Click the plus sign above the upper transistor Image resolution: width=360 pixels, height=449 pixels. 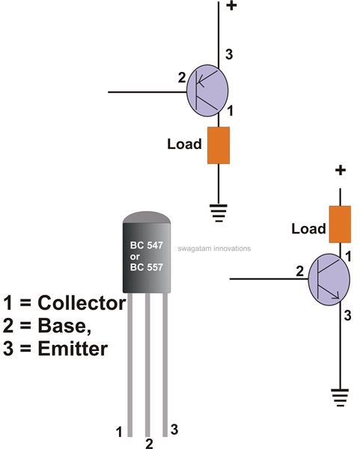(231, 6)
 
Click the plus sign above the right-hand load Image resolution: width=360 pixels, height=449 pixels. (341, 171)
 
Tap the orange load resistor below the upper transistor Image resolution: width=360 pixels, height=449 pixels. (219, 145)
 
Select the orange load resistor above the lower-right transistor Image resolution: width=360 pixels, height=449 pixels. (340, 224)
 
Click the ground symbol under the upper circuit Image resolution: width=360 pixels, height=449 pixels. (219, 213)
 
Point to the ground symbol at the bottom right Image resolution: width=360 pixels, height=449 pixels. (341, 397)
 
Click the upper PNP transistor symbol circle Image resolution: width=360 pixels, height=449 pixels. (207, 91)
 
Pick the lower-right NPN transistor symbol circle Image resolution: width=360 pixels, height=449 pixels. (329, 279)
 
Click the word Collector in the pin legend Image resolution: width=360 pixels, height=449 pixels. (82, 303)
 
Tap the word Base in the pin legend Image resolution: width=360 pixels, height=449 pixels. (64, 326)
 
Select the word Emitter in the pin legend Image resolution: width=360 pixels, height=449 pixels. (73, 349)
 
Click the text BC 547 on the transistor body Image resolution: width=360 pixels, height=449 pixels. (147, 245)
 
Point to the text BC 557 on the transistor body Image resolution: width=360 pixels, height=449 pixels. (147, 267)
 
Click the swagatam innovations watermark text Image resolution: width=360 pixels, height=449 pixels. (214, 248)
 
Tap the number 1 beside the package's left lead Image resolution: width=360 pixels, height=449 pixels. (119, 432)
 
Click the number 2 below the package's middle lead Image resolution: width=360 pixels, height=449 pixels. (149, 444)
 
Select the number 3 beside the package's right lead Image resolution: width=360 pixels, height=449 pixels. (174, 430)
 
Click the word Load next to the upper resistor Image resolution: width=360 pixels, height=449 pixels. (184, 144)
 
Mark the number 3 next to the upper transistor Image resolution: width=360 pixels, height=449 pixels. (229, 55)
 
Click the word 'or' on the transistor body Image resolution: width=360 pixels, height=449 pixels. (135, 257)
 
